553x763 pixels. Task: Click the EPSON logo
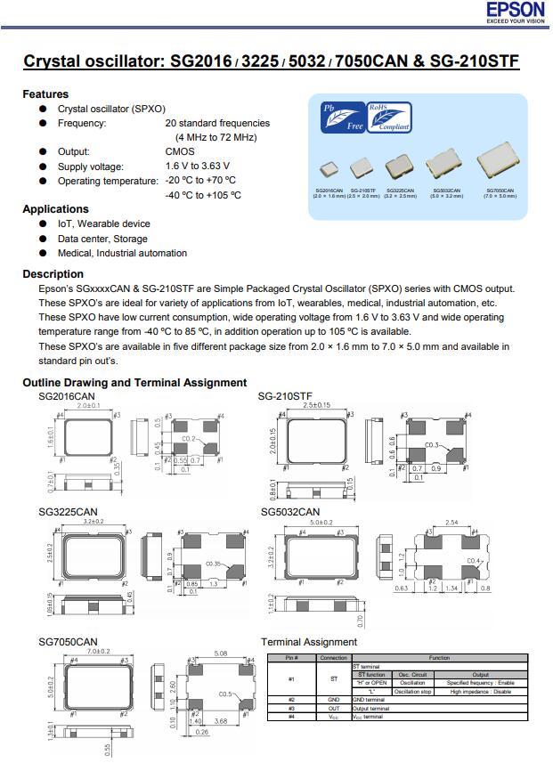tap(515, 11)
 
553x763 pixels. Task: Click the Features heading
tap(45, 94)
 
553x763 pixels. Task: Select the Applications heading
tap(55, 209)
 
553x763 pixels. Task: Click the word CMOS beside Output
tap(179, 152)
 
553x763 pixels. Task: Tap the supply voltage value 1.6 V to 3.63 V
tap(197, 166)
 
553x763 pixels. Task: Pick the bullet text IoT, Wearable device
tap(103, 224)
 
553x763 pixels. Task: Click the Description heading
tap(53, 274)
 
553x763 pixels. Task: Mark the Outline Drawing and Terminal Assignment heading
tap(134, 383)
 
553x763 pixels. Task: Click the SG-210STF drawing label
tap(285, 395)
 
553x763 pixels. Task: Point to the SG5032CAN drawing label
tap(289, 512)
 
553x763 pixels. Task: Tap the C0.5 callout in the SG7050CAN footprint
tap(226, 694)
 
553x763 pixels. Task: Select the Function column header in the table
tap(439, 658)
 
